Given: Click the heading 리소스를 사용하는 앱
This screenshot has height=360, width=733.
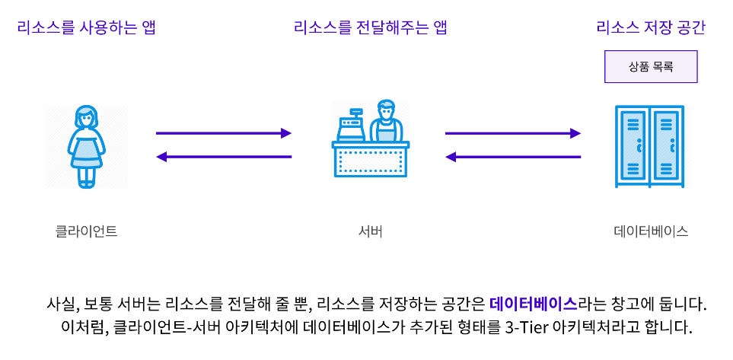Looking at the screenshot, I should pos(91,29).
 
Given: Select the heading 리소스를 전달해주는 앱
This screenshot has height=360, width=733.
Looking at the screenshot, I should pos(370,29).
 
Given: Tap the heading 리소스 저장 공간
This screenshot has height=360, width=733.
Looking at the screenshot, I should pos(651,29).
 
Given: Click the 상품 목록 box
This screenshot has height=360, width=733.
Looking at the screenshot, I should pos(651,66).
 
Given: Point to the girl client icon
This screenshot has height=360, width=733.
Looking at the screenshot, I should pos(86,146).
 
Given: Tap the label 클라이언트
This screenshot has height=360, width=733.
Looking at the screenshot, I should pos(87,231).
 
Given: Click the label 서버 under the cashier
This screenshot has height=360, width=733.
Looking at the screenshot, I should pos(370,231).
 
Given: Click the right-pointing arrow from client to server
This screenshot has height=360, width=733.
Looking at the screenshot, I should pos(224,133).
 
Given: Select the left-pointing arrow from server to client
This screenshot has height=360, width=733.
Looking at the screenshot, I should pos(224,157).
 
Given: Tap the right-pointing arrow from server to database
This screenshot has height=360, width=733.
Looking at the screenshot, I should pos(513,133).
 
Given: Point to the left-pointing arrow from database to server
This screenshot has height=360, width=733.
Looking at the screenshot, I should pos(513,157).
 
